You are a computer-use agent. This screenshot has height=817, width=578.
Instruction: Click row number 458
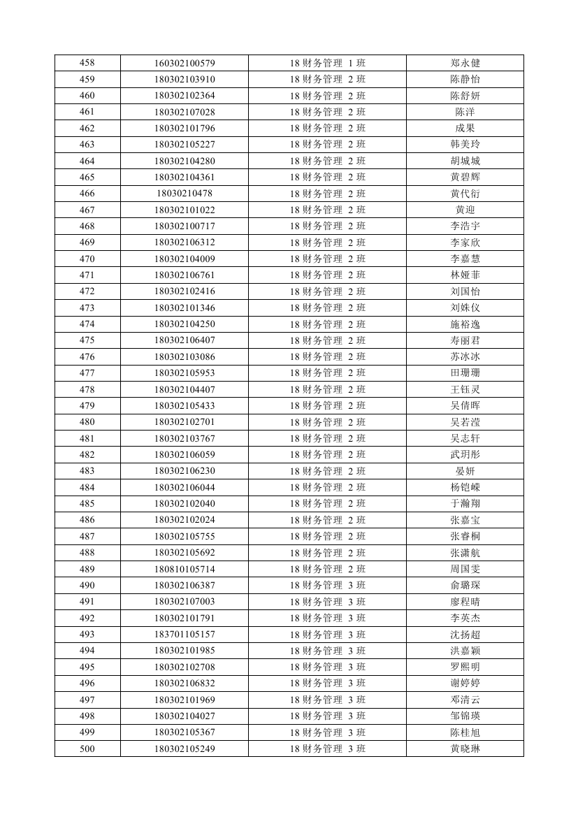(87, 63)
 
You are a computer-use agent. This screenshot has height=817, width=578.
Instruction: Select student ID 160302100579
(185, 63)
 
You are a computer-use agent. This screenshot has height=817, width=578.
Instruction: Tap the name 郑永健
(465, 63)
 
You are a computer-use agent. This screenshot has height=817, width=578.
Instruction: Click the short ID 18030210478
(185, 194)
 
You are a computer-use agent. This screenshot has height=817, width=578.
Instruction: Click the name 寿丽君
(465, 340)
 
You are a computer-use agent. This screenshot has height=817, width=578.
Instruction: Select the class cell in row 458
(327, 63)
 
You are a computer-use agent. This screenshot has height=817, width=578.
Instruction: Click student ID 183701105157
(185, 635)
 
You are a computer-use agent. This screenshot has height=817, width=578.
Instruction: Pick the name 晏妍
(465, 471)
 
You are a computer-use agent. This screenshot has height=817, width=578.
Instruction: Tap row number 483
(87, 471)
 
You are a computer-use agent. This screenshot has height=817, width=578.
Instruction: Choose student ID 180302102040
(185, 504)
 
